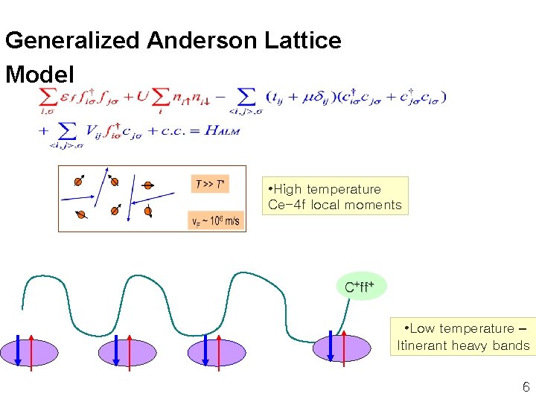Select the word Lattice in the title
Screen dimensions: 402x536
[304, 40]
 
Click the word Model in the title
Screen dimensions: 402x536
[39, 74]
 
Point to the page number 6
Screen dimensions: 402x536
[526, 386]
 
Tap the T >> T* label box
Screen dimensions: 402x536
[210, 184]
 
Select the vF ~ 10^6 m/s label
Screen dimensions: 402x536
[216, 221]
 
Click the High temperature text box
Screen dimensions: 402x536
[334, 196]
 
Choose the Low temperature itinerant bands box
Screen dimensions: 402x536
[463, 336]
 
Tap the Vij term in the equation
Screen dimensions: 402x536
[95, 131]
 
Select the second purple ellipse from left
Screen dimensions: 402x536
[127, 350]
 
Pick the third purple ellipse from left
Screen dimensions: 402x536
[215, 350]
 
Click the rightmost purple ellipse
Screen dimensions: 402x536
[342, 348]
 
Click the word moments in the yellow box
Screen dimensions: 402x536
[378, 205]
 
